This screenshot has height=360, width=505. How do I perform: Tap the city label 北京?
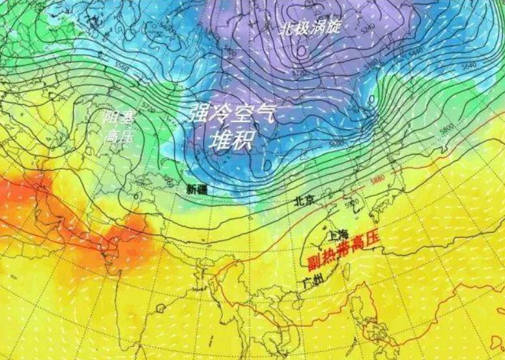(304, 200)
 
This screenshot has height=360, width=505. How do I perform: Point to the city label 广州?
(313, 282)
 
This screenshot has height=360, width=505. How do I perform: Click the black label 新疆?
(196, 189)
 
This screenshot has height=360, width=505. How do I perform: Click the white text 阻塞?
(119, 119)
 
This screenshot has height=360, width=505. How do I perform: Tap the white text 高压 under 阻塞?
(117, 136)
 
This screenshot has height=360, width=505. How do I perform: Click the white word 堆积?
(231, 138)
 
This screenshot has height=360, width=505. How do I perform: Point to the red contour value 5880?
(377, 181)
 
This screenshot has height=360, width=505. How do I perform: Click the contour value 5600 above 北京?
(336, 143)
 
